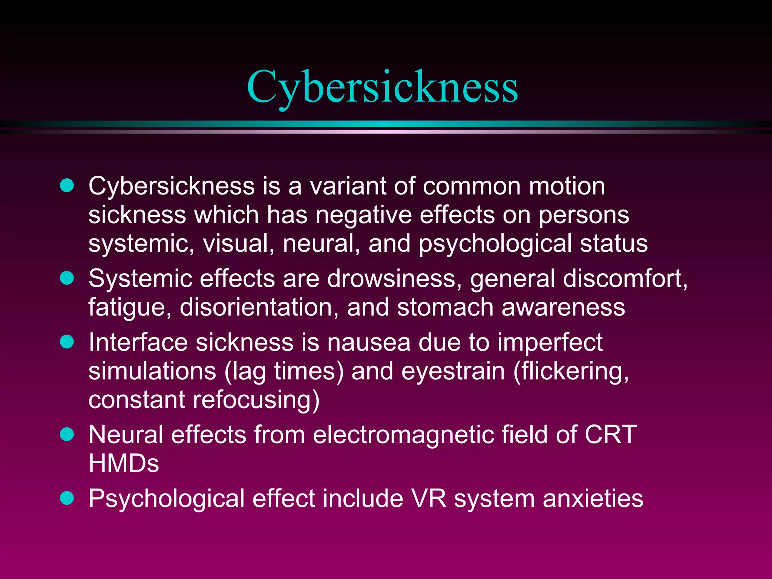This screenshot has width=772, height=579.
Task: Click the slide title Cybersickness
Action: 382,87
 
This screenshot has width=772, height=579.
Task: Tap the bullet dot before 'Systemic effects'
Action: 67,278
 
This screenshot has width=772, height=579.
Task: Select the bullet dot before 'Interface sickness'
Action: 67,342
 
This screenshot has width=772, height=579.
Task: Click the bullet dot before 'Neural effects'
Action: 67,434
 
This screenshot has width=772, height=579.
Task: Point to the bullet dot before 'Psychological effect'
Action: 67,498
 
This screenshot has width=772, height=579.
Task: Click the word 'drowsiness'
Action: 394,279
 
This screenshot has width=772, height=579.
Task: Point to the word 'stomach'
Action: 445,307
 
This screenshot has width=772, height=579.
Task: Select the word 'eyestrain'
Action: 453,371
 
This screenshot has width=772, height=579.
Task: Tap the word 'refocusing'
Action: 256,400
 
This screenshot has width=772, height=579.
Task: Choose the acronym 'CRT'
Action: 611,435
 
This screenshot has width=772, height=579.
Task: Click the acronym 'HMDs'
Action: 124,463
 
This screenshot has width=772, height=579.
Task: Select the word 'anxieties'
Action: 593,498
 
